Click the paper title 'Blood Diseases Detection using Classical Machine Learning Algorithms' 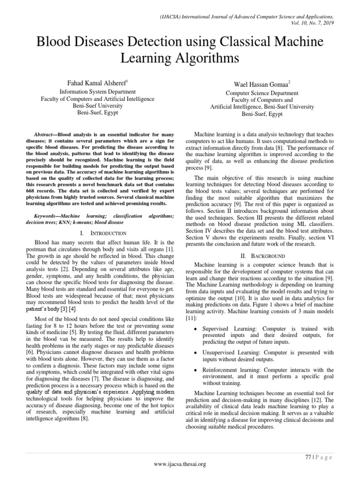(180, 50)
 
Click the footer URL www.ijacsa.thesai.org (180, 464)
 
